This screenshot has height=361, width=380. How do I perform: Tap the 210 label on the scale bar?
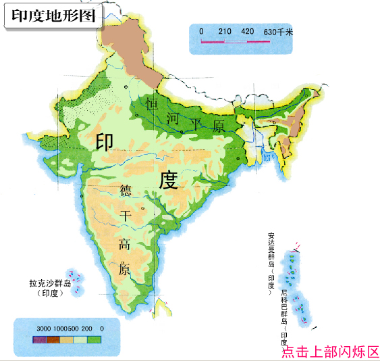coord(225,32)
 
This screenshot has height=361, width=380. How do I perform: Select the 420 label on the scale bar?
coord(247,32)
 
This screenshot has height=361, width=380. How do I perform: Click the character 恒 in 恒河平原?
coord(153,104)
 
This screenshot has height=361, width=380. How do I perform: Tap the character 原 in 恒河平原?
coord(218,126)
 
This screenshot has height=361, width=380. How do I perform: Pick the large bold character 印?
coord(105,141)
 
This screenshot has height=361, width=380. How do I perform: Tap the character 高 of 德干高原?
coord(125,243)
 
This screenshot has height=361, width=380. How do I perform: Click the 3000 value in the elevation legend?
coord(44,329)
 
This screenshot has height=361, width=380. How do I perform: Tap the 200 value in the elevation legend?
coord(88,329)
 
